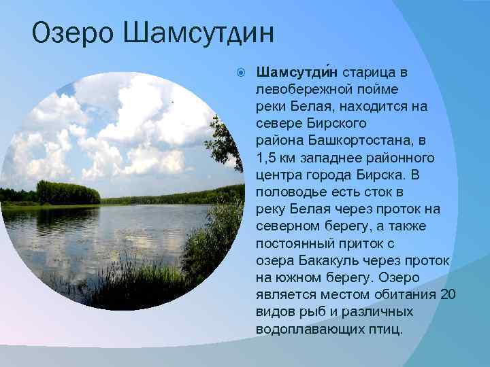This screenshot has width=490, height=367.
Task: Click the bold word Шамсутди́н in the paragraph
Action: point(297,72)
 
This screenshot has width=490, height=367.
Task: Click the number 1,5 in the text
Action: point(267,158)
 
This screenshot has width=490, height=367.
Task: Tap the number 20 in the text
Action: point(448,294)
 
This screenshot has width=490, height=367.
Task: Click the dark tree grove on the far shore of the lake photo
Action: point(67,193)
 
